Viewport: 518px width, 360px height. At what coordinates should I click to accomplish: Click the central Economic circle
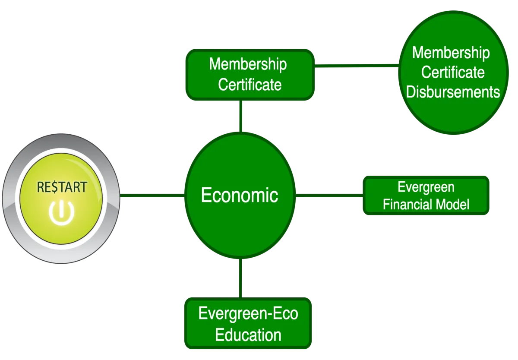coord(240,196)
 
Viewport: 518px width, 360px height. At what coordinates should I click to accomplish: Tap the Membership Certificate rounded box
coord(250,75)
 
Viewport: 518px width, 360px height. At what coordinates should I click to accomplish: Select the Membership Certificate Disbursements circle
coord(454,73)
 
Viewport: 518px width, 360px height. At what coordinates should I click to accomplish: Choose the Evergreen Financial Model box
coord(426,196)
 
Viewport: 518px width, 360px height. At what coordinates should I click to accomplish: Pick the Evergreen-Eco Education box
coord(248,323)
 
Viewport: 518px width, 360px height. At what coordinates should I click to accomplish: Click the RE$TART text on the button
coord(62,187)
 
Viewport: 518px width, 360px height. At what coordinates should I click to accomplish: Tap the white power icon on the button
coord(61,213)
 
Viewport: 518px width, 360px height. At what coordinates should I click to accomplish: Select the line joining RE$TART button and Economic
coord(152,196)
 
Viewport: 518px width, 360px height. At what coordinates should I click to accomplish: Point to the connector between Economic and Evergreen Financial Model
coord(329,196)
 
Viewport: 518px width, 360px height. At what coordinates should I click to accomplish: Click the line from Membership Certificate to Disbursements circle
coord(357,66)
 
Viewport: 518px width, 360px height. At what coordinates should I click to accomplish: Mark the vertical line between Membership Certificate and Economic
coord(241,116)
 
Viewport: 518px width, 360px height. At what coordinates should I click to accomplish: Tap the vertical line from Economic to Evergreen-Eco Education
coord(240,278)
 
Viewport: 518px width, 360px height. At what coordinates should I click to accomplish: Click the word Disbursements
coord(453,92)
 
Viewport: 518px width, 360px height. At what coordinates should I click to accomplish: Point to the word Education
coord(248,335)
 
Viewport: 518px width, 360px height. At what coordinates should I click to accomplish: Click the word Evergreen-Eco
coord(248,313)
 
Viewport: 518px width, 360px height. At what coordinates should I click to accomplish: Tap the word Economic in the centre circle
coord(240,195)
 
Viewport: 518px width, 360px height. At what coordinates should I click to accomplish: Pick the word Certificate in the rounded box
coord(250,85)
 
